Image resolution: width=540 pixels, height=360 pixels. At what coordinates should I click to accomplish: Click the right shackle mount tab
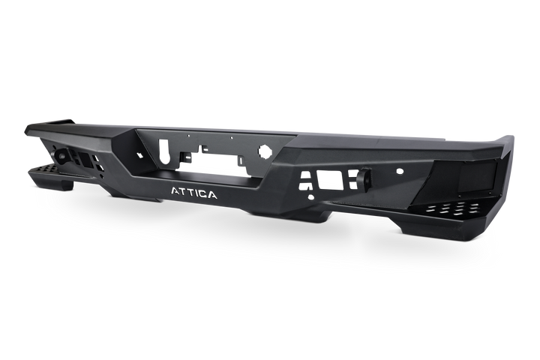pyautogui.click(x=365, y=180)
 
